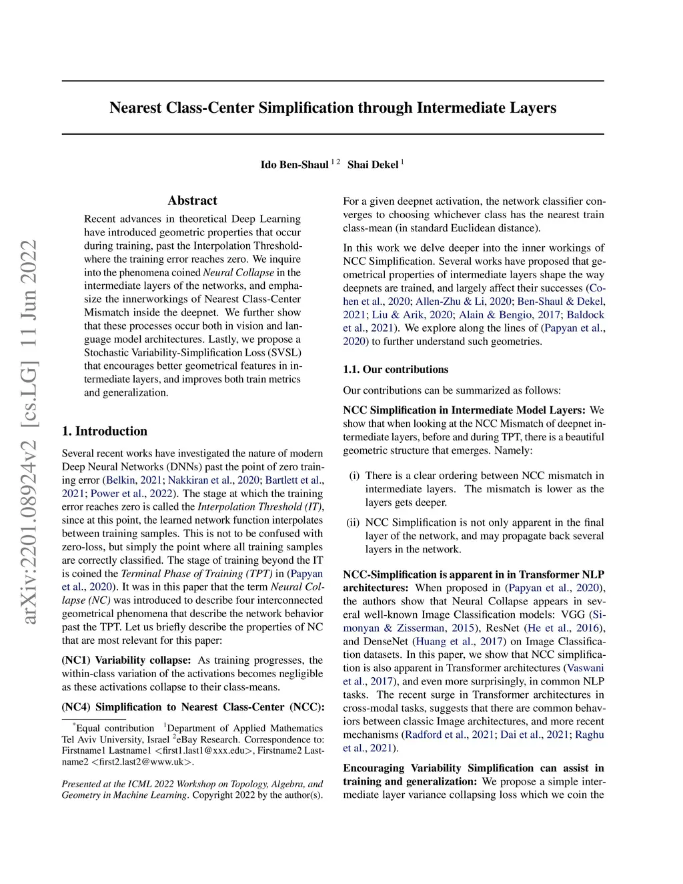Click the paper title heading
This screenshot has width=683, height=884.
333,108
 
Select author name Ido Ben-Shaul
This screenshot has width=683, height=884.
294,165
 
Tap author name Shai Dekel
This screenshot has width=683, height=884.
373,165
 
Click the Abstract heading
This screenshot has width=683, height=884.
192,201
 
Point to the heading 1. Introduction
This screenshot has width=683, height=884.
104,431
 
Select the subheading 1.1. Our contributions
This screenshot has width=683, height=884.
396,370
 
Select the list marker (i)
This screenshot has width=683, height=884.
354,476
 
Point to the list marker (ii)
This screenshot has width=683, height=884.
353,522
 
